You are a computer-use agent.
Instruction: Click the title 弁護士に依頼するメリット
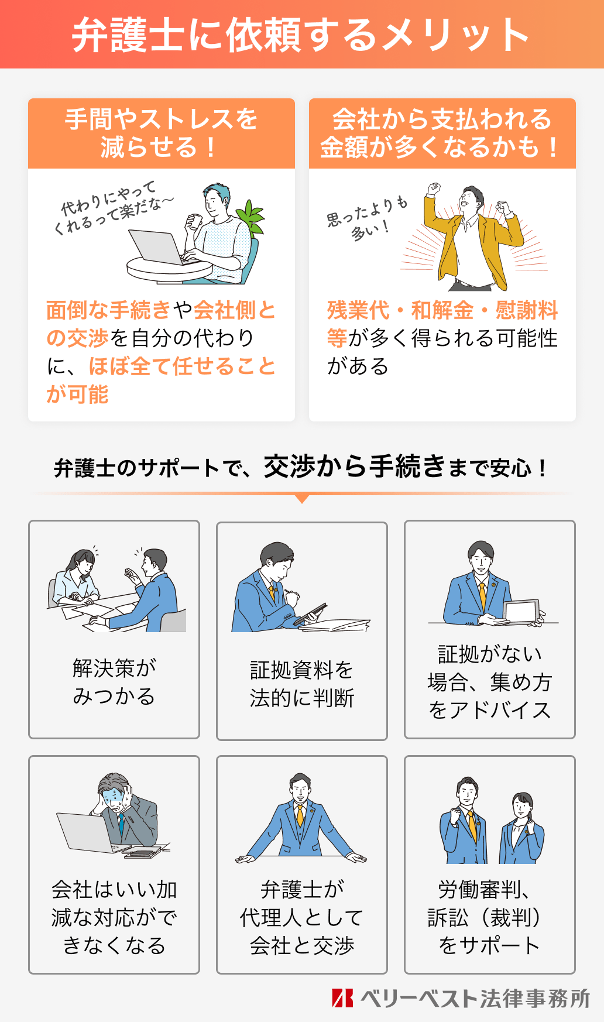301,35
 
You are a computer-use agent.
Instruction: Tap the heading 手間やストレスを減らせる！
161,133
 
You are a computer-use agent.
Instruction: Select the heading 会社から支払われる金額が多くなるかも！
442,133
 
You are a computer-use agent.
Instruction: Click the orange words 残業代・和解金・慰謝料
442,310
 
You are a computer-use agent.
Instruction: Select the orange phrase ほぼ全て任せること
182,366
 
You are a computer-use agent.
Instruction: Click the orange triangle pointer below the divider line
302,499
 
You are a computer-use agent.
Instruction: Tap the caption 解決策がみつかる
114,682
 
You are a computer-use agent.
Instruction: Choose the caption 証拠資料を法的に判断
301,684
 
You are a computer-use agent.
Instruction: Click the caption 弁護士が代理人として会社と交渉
301,917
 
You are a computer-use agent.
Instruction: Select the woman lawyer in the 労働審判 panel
521,828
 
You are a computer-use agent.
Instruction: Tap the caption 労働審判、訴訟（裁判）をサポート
489,917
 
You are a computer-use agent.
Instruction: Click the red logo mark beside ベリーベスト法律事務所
342,998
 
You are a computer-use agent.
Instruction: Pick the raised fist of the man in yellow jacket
433,189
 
